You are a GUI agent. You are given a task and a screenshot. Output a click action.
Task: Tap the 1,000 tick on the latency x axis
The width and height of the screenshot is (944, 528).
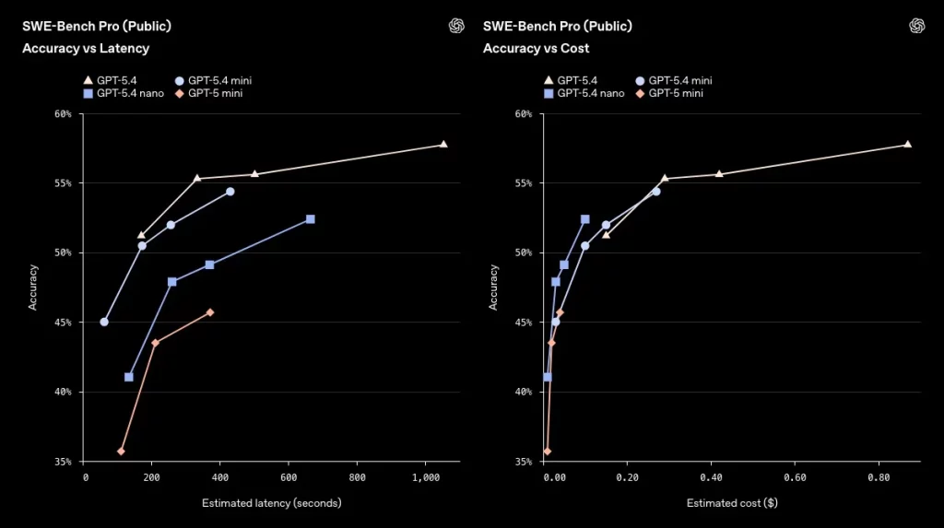coord(426,476)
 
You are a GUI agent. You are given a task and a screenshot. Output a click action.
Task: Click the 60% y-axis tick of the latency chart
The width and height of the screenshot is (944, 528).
coord(63,114)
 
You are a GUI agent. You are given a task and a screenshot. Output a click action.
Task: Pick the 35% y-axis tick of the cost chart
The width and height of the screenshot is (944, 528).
coord(524,462)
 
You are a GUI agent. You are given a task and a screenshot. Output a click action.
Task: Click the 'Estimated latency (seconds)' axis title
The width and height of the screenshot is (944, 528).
coord(271,503)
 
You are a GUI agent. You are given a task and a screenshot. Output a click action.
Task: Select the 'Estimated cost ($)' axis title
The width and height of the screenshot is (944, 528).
coord(732,503)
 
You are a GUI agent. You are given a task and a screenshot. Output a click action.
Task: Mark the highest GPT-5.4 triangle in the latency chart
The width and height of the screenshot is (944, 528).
coord(443,145)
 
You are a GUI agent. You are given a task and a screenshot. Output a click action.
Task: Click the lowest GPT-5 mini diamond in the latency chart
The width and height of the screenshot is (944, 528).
coord(121,452)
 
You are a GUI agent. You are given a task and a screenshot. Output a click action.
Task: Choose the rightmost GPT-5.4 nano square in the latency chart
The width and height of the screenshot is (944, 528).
coord(311,219)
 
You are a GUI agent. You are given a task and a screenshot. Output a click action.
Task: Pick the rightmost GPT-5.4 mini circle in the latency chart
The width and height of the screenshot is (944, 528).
coord(230,192)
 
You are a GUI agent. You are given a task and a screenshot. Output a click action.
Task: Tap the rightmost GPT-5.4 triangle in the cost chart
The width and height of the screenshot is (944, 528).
coord(907,145)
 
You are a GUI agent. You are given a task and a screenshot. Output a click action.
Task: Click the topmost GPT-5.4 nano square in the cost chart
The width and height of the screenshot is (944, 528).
coord(585,219)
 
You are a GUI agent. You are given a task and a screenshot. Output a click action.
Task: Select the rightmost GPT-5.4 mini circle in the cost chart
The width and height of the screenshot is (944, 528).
coord(656,192)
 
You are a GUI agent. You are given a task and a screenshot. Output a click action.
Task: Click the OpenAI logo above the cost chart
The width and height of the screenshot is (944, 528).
coord(916,25)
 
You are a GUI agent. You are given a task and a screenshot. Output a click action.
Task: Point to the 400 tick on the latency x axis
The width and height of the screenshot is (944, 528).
coord(221,476)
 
